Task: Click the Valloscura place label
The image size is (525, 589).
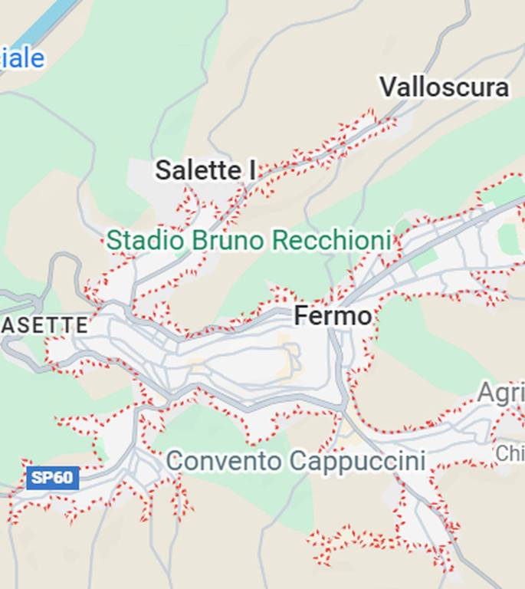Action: click(x=444, y=87)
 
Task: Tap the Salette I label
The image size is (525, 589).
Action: click(x=205, y=170)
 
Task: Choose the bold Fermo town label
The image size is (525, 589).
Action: click(x=333, y=315)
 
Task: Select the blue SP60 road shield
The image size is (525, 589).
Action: click(x=52, y=479)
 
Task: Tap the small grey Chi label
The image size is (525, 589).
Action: click(x=510, y=453)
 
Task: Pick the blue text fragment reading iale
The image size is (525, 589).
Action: click(x=22, y=58)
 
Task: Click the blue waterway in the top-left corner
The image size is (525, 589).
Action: click(x=46, y=19)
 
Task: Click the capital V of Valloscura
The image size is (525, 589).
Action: click(x=389, y=87)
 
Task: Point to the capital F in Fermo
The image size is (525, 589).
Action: click(x=302, y=315)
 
